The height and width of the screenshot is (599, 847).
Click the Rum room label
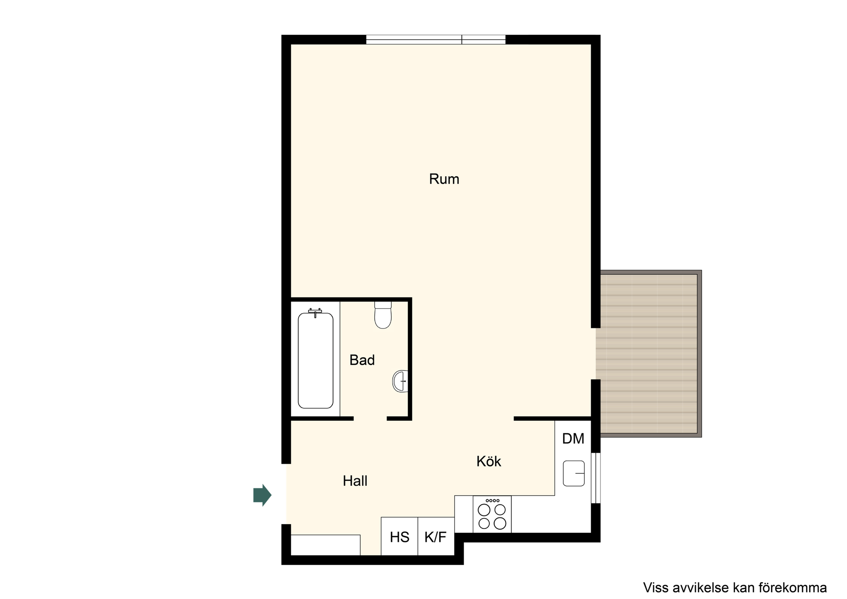coord(444,179)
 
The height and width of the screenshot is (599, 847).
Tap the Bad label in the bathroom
coord(362,360)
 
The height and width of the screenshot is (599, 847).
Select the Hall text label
coord(355,481)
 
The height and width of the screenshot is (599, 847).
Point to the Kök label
coord(488,461)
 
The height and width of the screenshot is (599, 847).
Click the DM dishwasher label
coord(573,438)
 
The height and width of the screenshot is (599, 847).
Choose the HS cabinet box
coord(399,536)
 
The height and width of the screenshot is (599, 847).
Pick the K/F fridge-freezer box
coord(436,536)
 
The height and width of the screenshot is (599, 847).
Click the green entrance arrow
coord(262,495)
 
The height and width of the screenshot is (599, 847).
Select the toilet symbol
coord(383,315)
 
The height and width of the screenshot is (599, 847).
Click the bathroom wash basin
coord(400,381)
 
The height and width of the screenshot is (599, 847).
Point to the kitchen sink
coord(574,473)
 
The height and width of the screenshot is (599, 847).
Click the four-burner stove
coord(492,514)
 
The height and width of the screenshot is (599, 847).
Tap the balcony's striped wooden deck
coord(649,354)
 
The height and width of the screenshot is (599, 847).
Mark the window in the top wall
coord(436,40)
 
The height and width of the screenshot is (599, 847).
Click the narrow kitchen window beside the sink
coord(596,478)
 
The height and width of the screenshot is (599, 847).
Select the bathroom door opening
coord(370,419)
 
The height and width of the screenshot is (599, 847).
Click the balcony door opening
coord(596,354)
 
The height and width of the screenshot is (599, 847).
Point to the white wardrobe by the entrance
coord(325,545)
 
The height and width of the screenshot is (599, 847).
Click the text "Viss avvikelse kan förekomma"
coord(735,587)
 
